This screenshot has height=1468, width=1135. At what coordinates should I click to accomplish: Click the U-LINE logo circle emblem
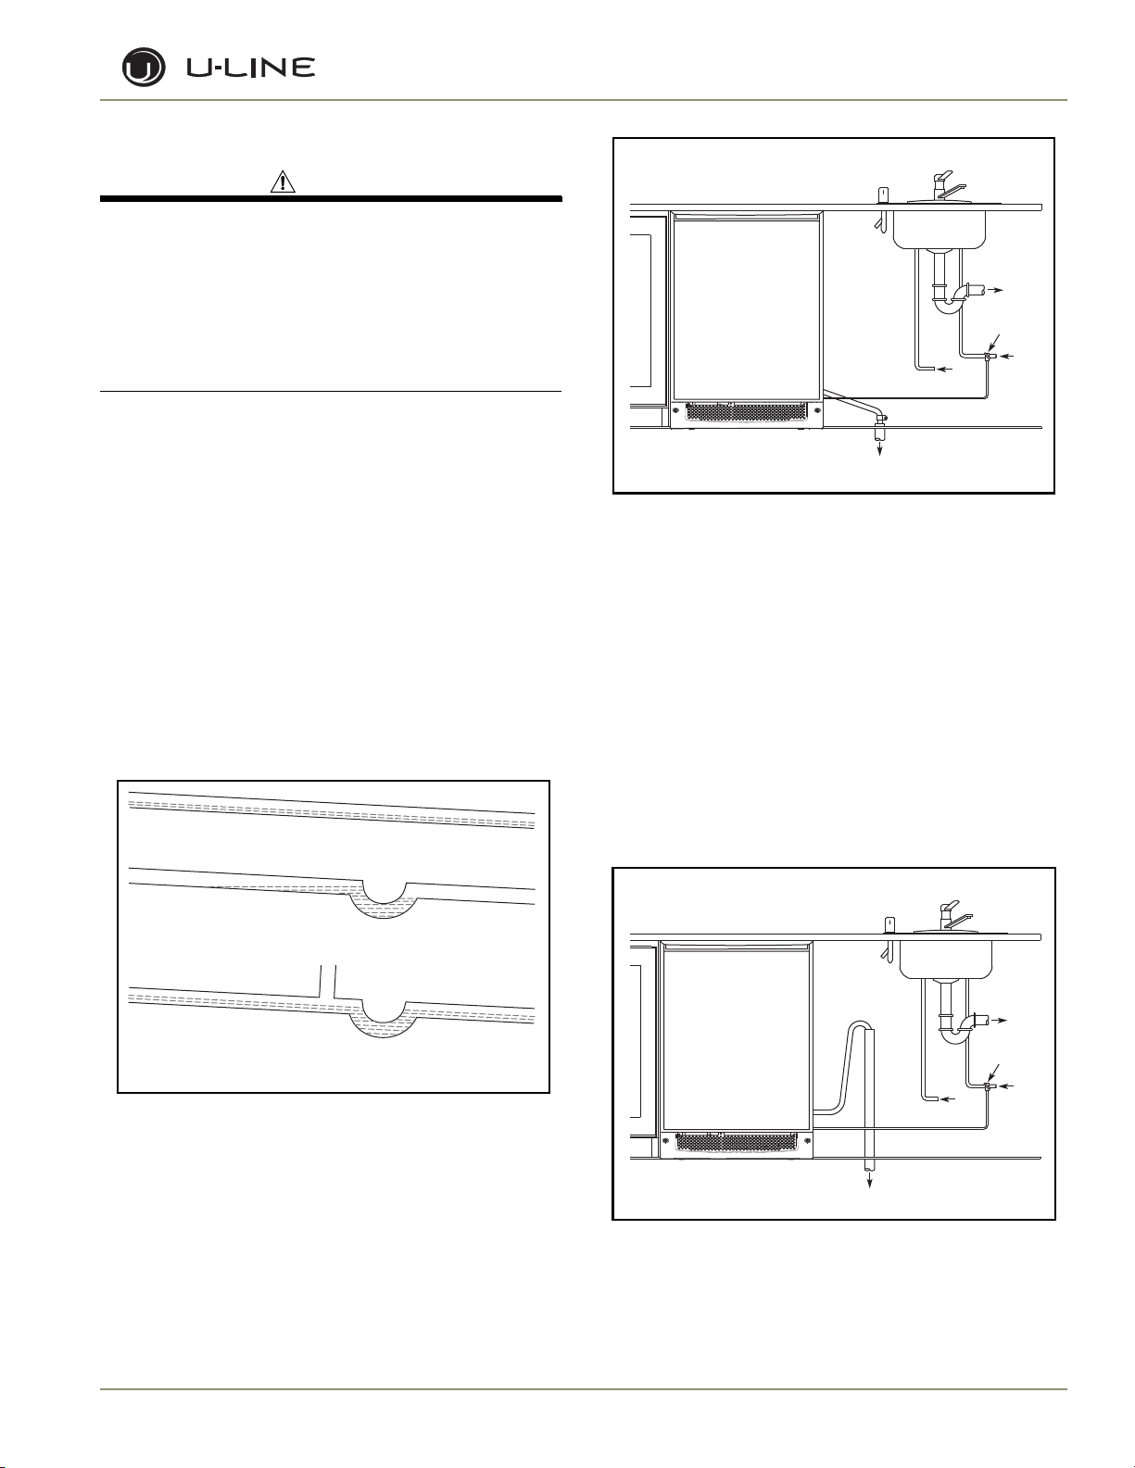(144, 69)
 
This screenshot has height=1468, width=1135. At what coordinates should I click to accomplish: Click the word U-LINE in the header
(251, 68)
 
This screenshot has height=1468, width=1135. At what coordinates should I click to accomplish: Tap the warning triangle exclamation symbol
(283, 183)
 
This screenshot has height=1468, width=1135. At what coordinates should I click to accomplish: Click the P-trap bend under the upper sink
(946, 302)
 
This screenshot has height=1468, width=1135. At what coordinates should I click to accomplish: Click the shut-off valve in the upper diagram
(989, 357)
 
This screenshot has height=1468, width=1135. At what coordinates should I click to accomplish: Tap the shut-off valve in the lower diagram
(989, 1085)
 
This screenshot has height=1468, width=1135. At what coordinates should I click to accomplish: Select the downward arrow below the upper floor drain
(880, 450)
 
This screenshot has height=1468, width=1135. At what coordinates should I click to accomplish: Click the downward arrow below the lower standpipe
(869, 1183)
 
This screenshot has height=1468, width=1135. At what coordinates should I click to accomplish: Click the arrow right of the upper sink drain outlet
(993, 290)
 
